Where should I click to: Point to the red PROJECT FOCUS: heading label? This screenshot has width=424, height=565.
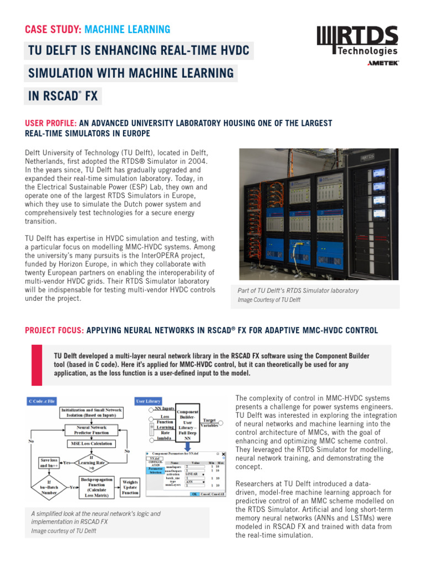[54, 331]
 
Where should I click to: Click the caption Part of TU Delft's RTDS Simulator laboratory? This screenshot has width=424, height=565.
[298, 291]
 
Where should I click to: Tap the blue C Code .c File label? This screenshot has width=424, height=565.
[42, 401]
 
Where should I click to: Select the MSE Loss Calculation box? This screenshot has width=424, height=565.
[91, 443]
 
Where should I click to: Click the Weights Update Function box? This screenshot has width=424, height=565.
[130, 487]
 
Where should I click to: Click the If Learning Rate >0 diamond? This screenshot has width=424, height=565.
[91, 461]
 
